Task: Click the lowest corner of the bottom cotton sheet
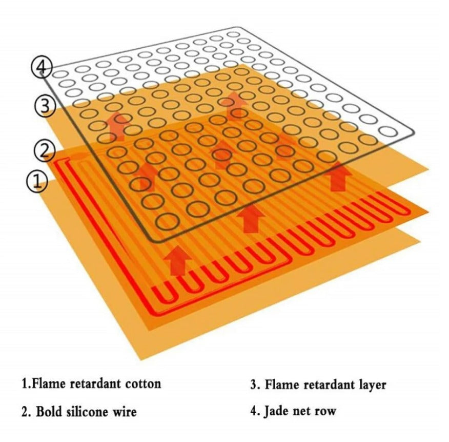pos(141,360)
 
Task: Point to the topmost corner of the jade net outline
pos(236,27)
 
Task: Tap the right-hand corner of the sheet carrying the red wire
pos(428,212)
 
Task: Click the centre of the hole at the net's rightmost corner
pos(389,131)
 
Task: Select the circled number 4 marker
pos(41,68)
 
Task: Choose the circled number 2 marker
pos(44,150)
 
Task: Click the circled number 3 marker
pos(45,106)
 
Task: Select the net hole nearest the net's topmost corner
pos(234,35)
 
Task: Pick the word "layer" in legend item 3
pos(373,385)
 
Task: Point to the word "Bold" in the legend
pos(49,412)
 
